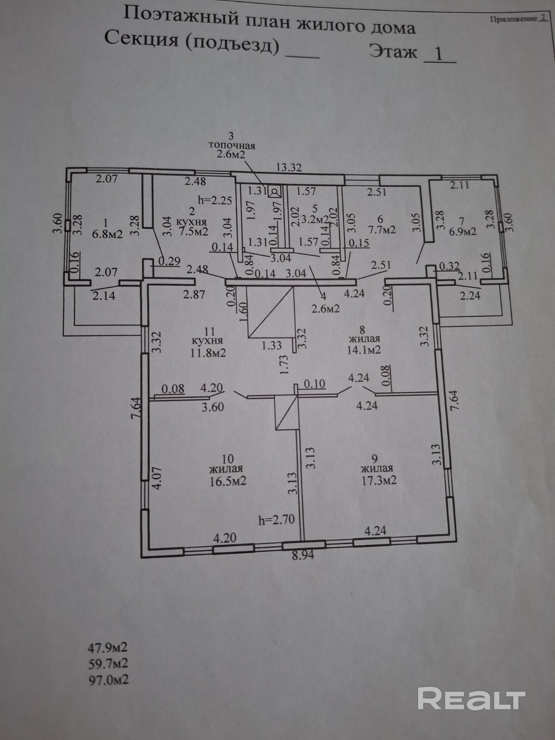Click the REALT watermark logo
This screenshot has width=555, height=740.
[x=471, y=698]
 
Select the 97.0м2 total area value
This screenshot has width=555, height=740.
[x=109, y=680]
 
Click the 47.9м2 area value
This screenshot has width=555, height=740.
[x=108, y=647]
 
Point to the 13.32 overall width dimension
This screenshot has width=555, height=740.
[x=289, y=167]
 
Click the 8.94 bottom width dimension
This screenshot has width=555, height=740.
[x=302, y=555]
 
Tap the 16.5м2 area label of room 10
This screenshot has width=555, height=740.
[x=227, y=481]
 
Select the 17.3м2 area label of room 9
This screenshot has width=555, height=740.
[x=379, y=481]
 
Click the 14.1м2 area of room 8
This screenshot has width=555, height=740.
[x=364, y=350]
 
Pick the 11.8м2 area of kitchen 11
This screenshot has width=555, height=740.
[x=208, y=353]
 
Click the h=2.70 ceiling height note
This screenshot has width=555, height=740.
[x=277, y=520]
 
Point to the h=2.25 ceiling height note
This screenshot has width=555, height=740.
[x=215, y=200]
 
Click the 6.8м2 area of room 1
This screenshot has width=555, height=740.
[x=107, y=234]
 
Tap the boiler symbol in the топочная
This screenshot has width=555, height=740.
[x=274, y=191]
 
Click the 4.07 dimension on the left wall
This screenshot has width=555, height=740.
[x=157, y=479]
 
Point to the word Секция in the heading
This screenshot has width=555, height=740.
[x=141, y=39]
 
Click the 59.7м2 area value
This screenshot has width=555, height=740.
[x=109, y=664]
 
